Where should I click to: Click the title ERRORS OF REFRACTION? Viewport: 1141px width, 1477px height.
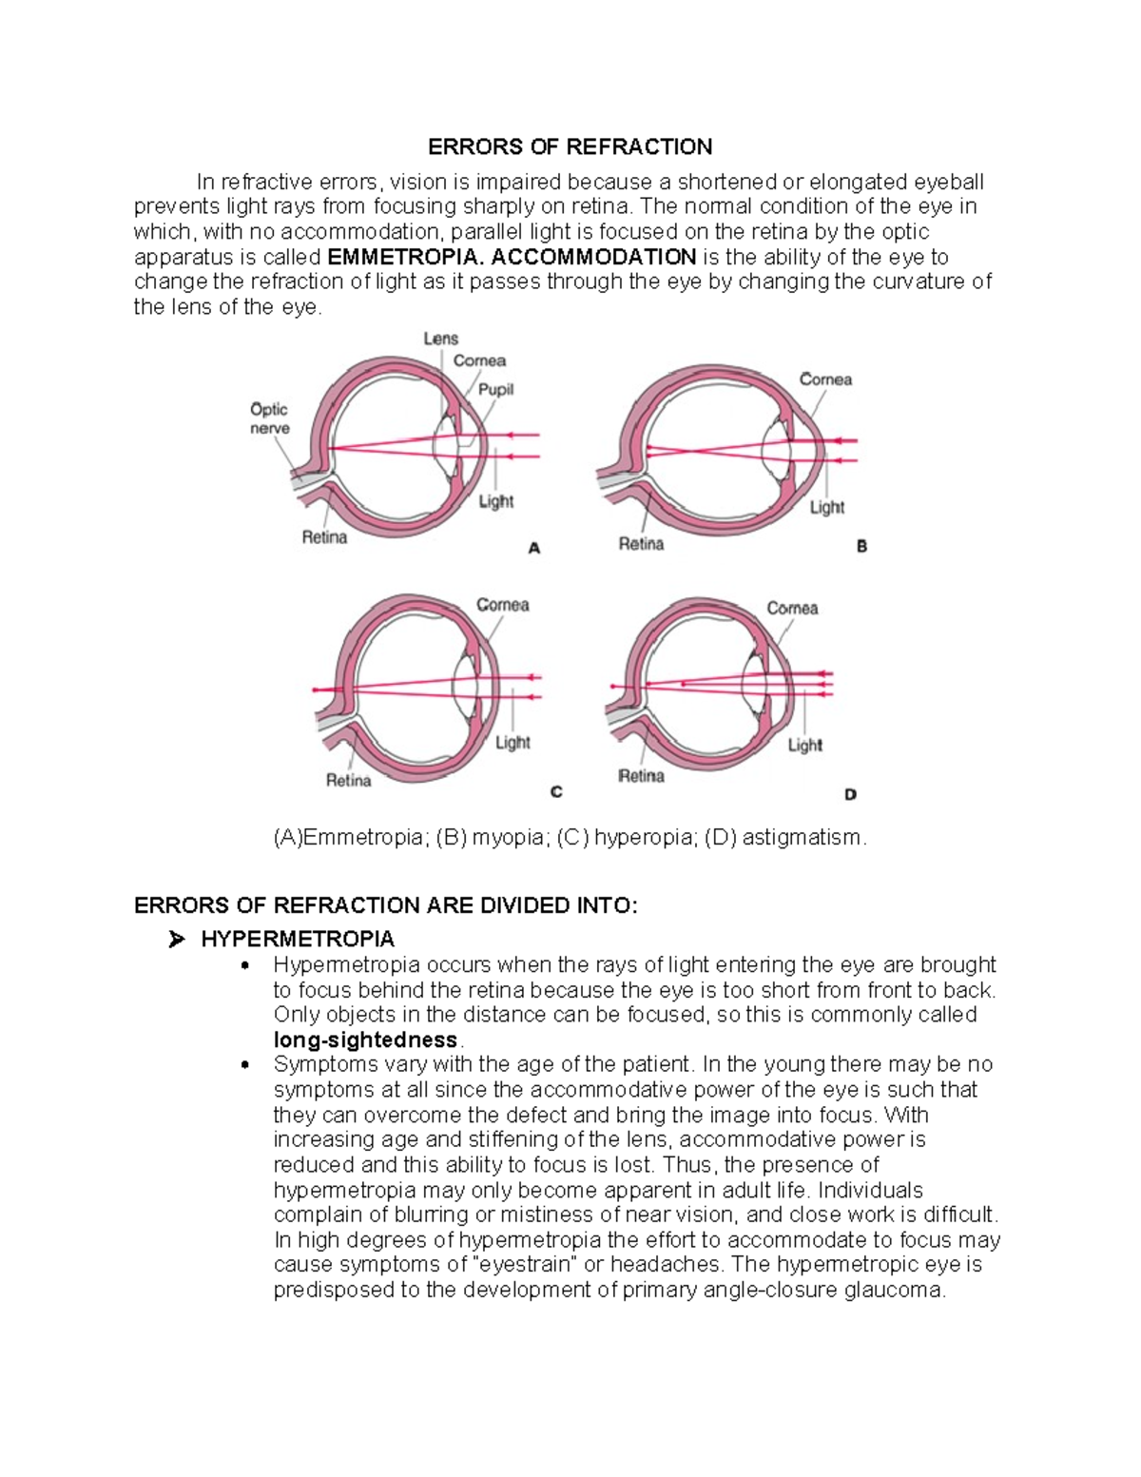point(570,146)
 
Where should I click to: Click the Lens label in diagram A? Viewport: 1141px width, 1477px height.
point(440,339)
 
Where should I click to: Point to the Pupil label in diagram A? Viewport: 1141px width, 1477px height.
point(495,389)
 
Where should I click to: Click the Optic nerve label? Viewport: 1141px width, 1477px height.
point(269,418)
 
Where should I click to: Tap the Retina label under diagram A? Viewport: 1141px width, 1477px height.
point(324,537)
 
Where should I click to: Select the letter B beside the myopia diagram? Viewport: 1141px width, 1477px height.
point(861,547)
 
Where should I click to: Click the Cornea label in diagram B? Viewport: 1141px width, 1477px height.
point(825,379)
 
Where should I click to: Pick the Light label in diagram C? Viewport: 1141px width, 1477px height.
point(512,742)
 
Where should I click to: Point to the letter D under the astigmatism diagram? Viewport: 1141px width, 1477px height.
point(850,794)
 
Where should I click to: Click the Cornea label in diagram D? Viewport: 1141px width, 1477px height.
point(792,608)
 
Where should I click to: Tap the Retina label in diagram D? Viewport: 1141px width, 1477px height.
point(641,776)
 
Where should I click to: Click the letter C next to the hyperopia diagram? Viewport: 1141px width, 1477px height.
point(556,791)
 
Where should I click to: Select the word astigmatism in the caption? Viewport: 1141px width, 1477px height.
point(801,838)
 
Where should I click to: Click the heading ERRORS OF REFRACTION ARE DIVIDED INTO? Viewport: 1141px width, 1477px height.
point(386,905)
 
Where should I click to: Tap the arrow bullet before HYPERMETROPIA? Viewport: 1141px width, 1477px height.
point(175,941)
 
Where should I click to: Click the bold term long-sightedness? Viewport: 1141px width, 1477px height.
point(365,1040)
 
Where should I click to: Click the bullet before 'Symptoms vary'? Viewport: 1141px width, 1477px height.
point(246,1065)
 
